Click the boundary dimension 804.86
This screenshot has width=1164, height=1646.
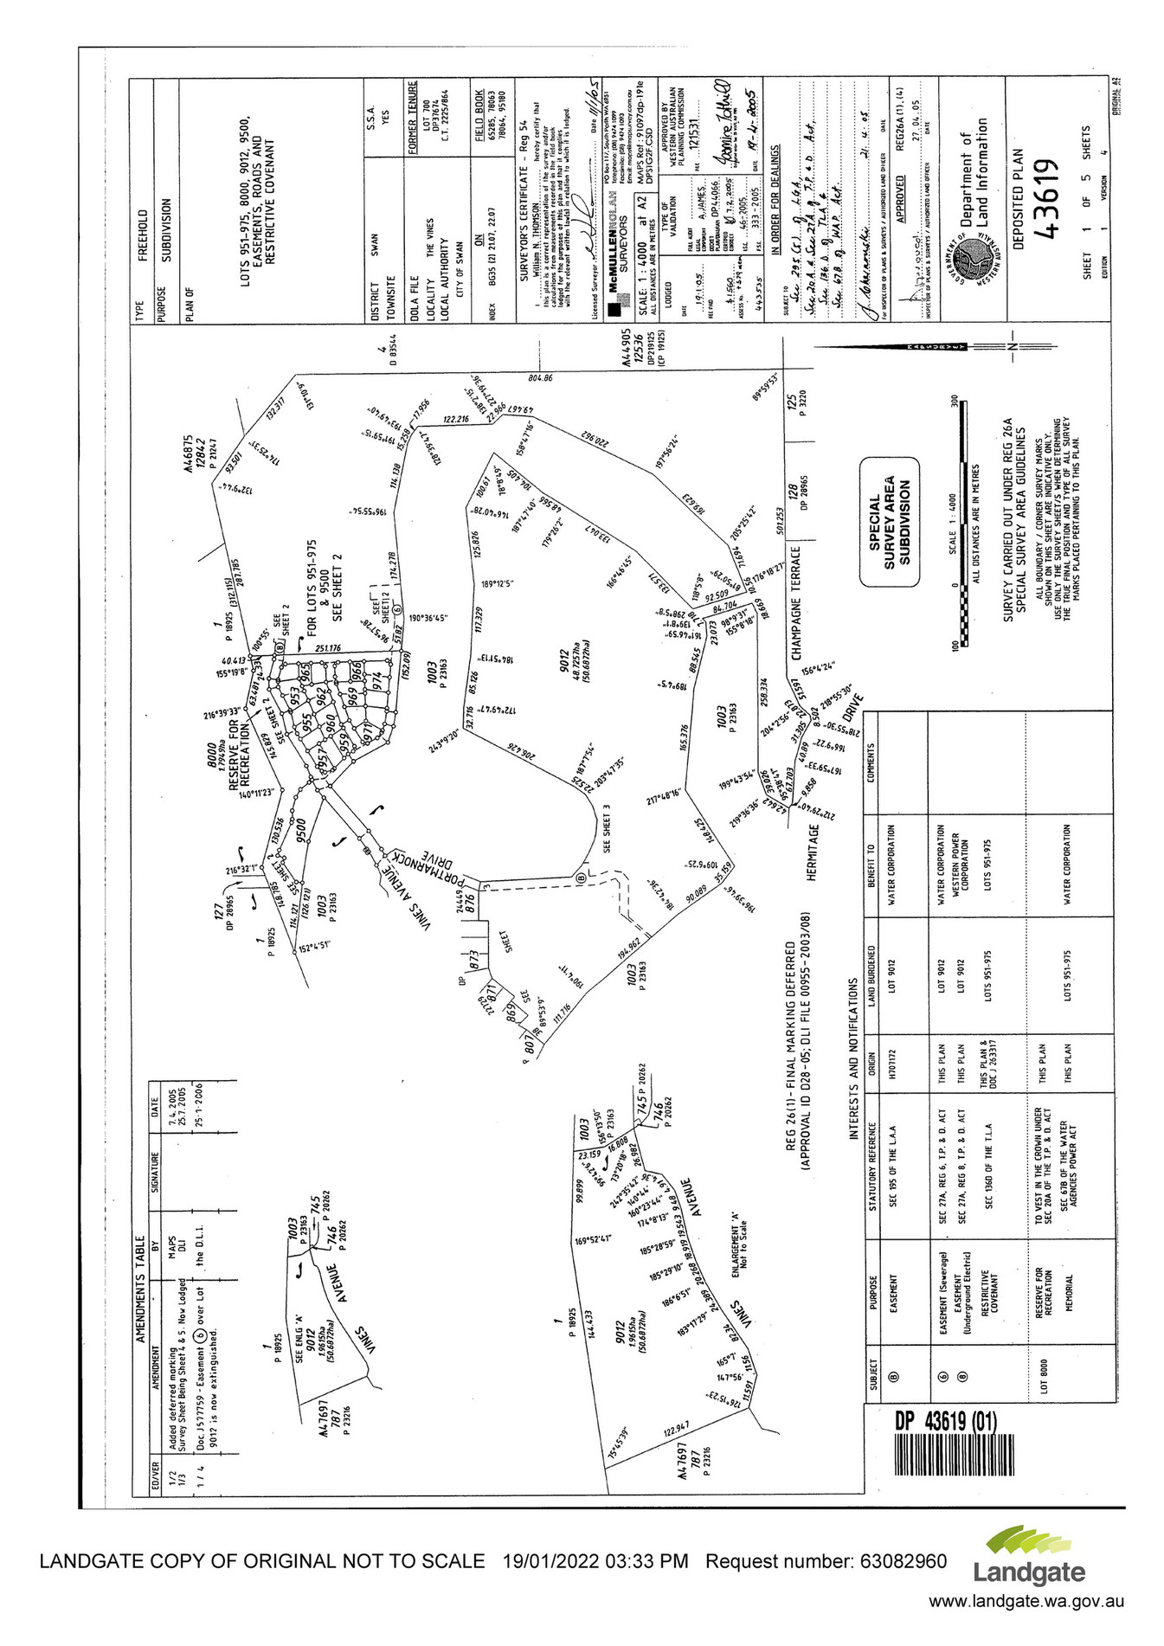546,378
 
